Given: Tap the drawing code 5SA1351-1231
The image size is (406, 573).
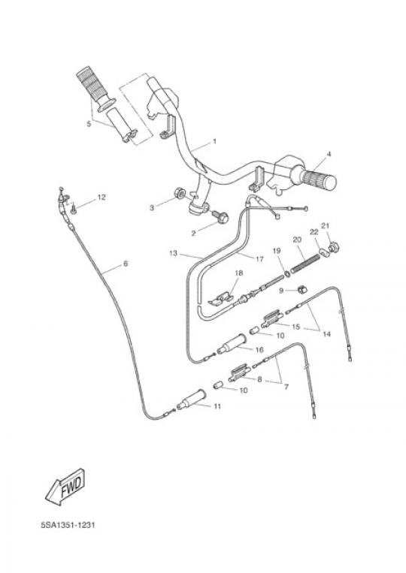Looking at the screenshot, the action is click(x=68, y=525).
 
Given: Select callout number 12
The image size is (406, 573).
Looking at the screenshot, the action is click(x=101, y=198).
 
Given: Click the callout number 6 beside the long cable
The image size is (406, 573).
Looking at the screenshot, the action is click(x=126, y=263).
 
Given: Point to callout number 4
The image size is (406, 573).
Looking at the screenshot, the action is click(x=329, y=154).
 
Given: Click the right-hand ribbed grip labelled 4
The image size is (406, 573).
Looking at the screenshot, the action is click(x=317, y=179).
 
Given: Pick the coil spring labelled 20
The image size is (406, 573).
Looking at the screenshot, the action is click(x=306, y=262).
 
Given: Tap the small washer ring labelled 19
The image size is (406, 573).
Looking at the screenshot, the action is click(x=287, y=273).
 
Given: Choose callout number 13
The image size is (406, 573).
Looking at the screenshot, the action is click(x=174, y=253).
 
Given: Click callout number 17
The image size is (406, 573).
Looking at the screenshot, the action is click(x=259, y=259).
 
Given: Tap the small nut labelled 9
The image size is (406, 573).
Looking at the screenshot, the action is click(x=301, y=290).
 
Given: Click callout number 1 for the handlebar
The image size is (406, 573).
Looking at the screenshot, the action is click(x=215, y=141).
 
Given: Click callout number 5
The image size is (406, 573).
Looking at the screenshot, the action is click(x=89, y=124).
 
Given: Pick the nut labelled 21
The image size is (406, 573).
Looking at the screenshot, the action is click(x=332, y=247).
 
